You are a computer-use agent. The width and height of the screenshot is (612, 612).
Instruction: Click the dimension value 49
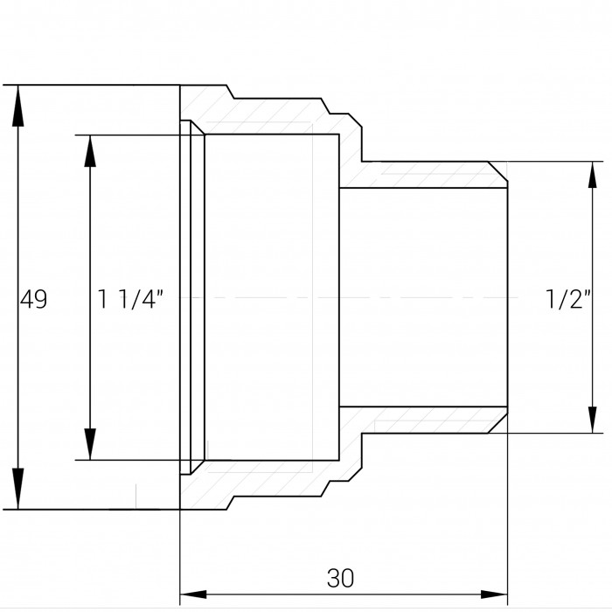tap(33, 299)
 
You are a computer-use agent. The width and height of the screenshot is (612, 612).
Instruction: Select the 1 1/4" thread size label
tap(130, 299)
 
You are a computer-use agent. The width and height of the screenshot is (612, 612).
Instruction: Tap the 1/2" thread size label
tap(568, 299)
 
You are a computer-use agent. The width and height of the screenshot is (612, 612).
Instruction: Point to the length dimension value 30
tap(340, 578)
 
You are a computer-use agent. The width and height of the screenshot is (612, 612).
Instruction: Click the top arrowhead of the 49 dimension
tap(18, 106)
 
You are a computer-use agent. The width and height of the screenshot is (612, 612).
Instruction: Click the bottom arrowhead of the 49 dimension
tap(18, 489)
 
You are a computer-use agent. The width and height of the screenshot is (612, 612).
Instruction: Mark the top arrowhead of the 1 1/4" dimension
tap(90, 151)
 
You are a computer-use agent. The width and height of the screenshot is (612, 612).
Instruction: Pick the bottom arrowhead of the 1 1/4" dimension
tap(90, 444)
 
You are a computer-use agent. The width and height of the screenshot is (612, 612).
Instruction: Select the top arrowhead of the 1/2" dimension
tap(593, 175)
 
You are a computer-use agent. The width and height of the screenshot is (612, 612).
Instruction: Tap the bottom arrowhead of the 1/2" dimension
tap(593, 420)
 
